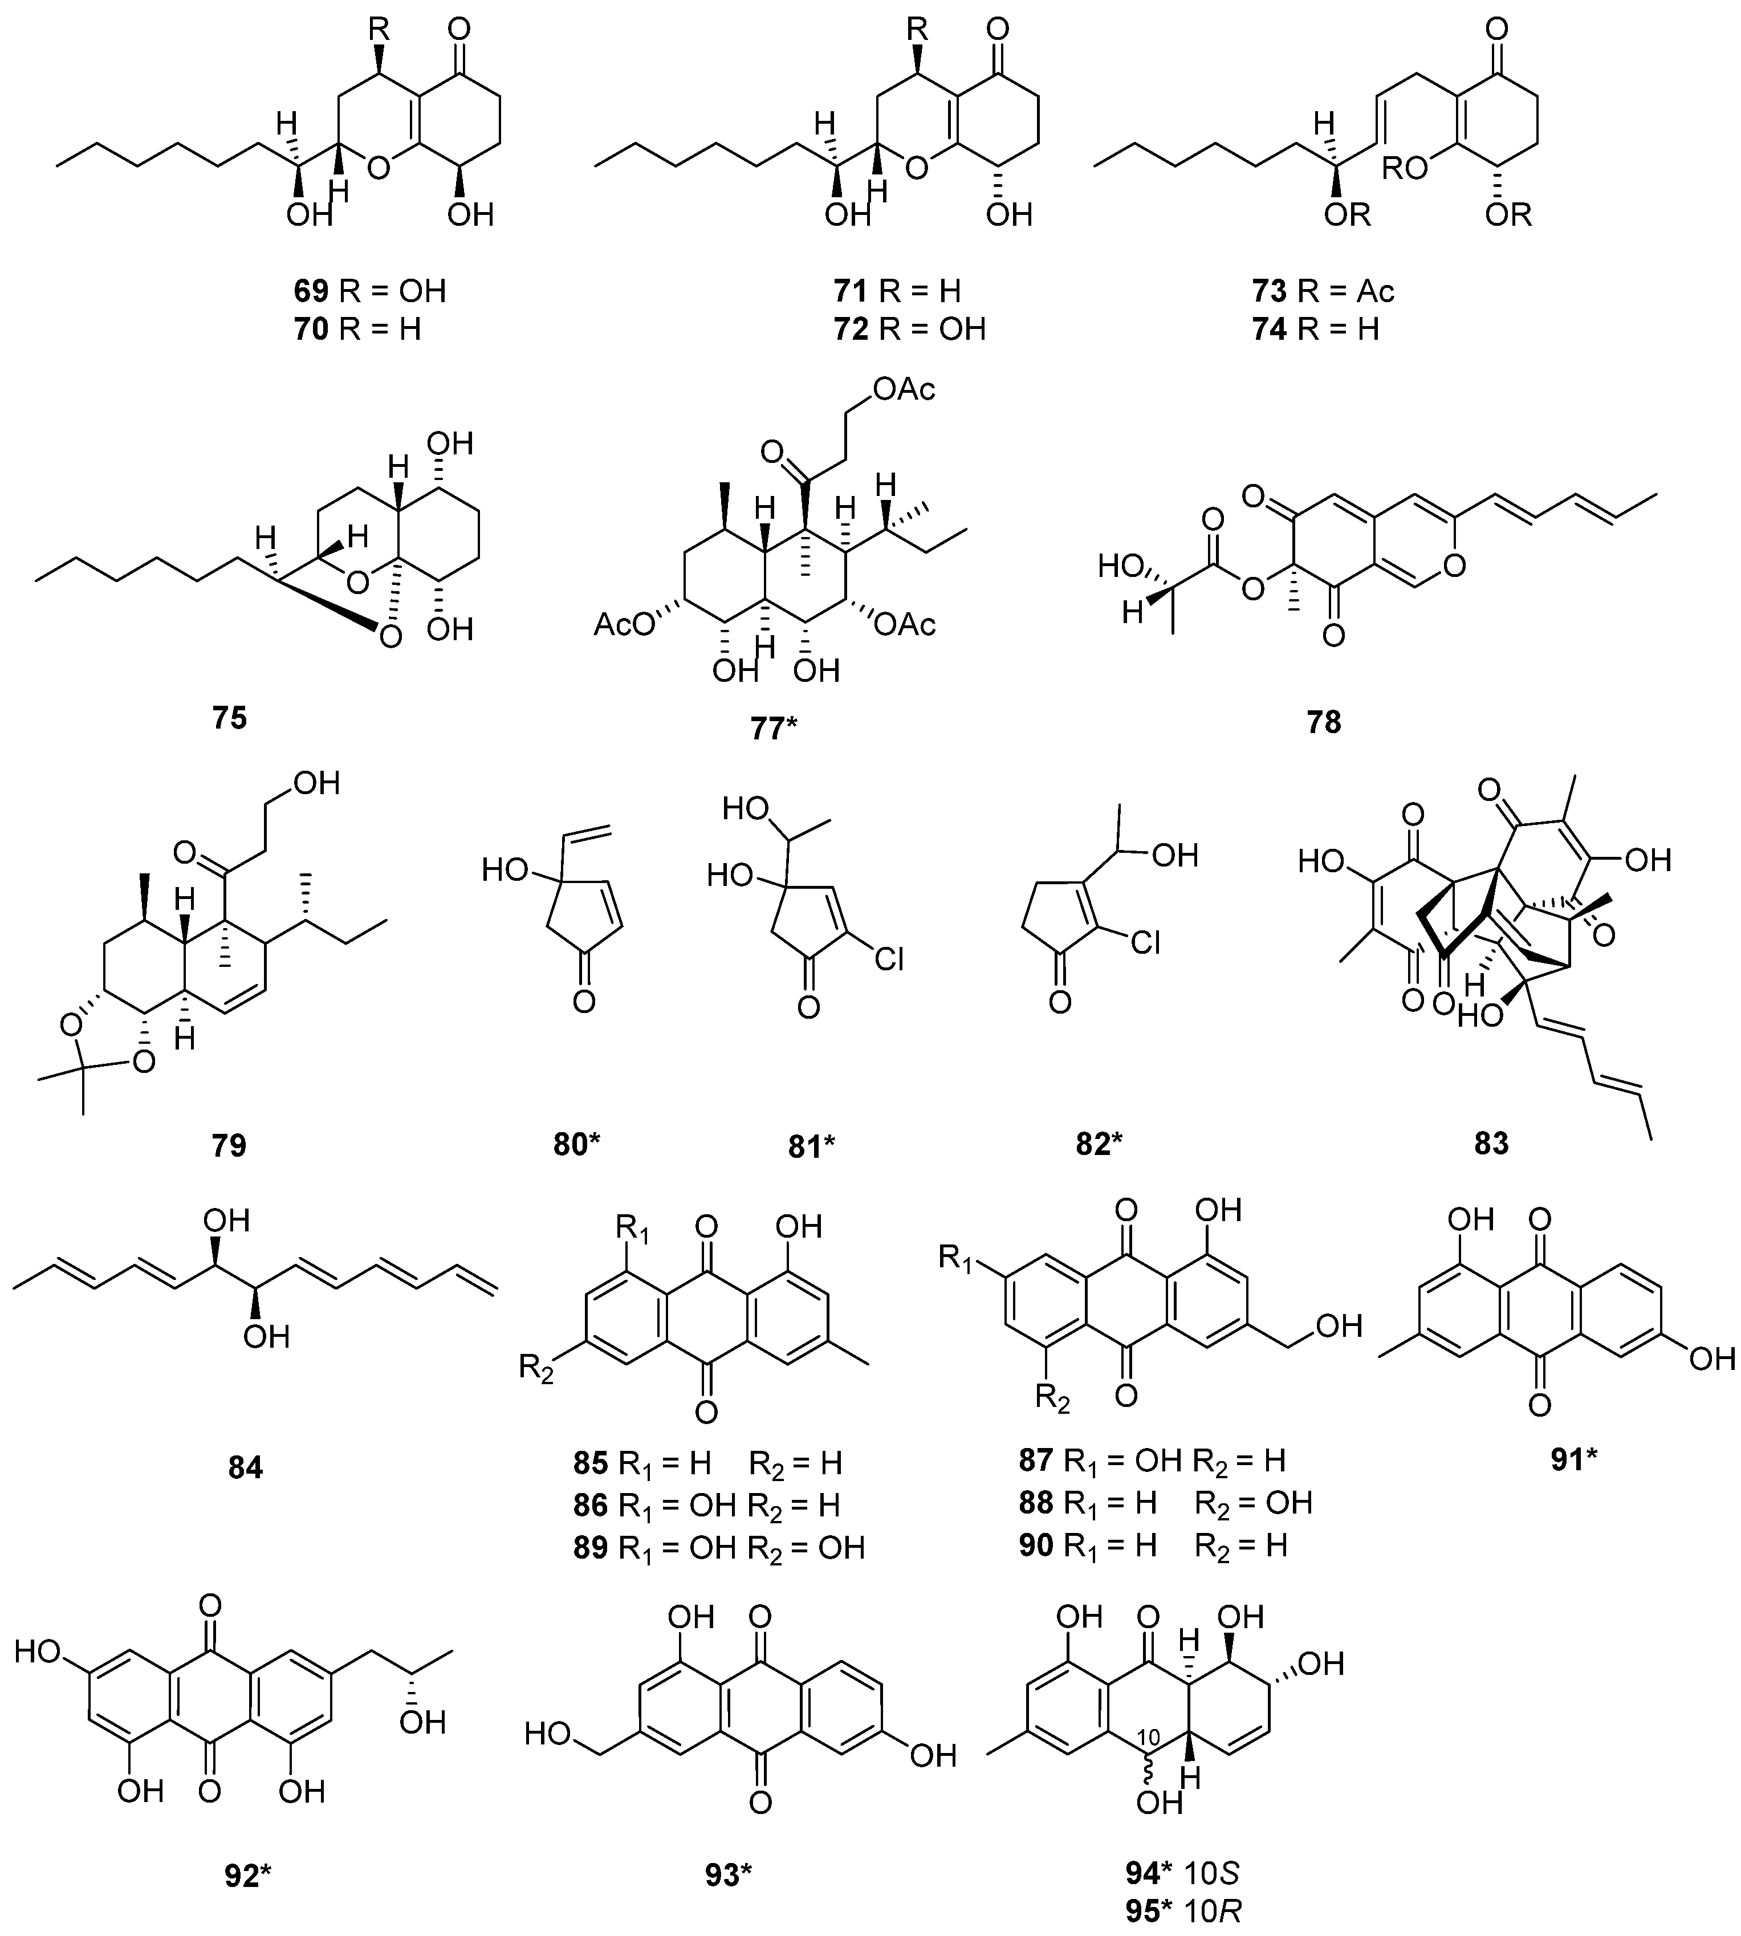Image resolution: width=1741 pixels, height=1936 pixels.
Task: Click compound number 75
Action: coord(230,717)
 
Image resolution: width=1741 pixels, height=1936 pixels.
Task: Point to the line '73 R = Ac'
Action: coord(1324,290)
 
